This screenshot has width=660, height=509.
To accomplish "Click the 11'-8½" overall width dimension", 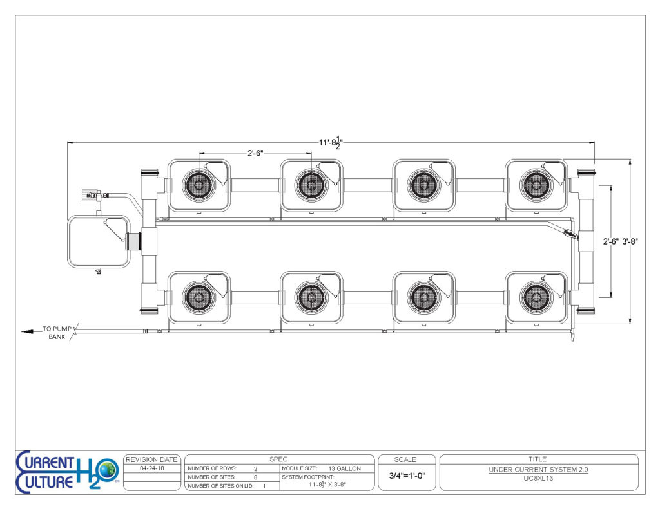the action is click(x=331, y=142).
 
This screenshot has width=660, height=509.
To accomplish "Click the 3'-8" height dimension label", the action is click(x=630, y=241).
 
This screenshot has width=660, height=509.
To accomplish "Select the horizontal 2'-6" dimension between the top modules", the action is click(x=255, y=153).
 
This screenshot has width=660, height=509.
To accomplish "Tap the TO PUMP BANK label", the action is click(x=57, y=333).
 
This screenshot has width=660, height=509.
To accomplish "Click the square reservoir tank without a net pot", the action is click(x=99, y=241).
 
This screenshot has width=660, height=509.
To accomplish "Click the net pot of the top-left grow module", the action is click(x=199, y=185).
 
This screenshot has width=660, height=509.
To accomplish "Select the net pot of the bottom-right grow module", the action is click(x=536, y=297).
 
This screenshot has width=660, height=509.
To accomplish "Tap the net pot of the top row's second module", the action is click(x=311, y=185).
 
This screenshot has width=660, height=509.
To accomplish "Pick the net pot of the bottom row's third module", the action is click(x=424, y=297).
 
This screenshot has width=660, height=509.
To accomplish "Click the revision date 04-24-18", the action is click(x=152, y=468).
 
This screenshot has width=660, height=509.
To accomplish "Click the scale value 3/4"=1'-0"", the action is click(x=407, y=476).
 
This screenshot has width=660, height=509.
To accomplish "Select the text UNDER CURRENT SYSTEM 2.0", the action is click(x=538, y=470).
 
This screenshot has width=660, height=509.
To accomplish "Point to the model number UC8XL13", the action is click(x=538, y=478).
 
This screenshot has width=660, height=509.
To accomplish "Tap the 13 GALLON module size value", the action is click(x=345, y=468).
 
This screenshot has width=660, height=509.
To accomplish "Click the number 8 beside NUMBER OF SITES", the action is click(x=255, y=477).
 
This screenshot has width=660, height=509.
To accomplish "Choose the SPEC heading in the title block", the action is click(x=278, y=459).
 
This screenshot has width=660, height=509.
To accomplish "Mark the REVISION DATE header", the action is click(x=151, y=459).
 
